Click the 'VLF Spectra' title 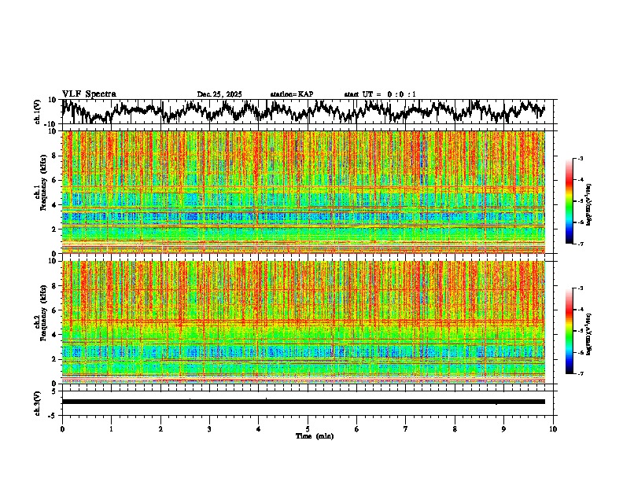click(89, 94)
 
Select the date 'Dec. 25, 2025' click(219, 94)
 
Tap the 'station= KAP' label click(292, 94)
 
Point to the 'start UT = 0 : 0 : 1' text click(380, 94)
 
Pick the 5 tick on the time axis click(308, 428)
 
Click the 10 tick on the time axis click(553, 428)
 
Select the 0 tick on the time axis click(62, 428)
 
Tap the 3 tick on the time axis click(209, 428)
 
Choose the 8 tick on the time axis click(455, 428)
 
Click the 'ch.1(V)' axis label click(39, 112)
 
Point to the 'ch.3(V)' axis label click(39, 401)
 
